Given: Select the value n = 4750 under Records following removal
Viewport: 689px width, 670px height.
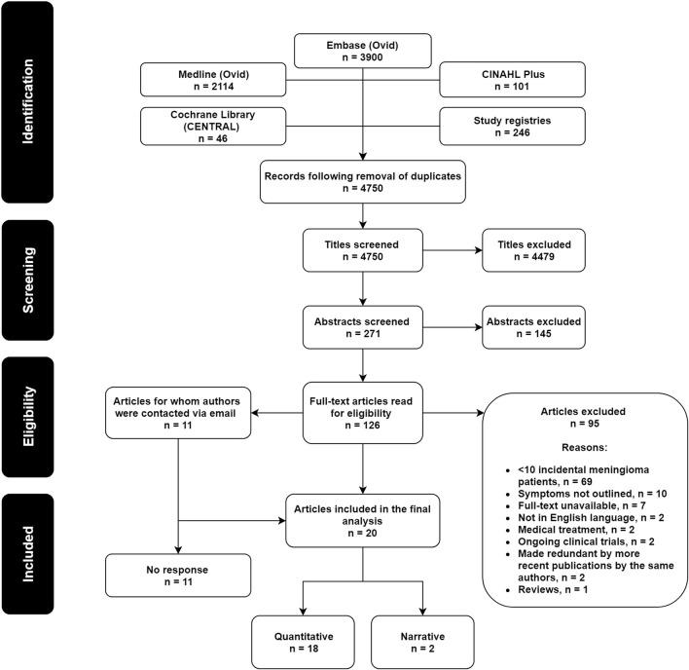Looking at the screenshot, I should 362,185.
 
